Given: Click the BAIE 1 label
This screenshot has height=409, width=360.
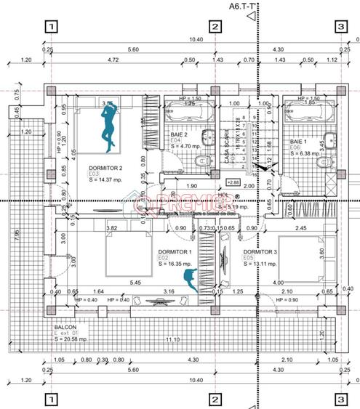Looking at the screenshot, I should tap(298, 141).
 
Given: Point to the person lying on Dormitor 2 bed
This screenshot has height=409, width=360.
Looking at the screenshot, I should tap(109, 125).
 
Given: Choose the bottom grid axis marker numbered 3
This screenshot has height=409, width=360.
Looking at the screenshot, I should tap(340, 399).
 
